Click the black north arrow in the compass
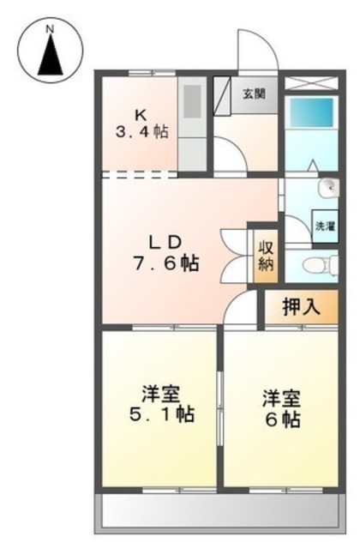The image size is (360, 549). point(51,56)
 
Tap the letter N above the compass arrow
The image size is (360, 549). point(51,29)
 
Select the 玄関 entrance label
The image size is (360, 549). point(255,94)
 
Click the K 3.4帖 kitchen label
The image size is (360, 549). point(141,124)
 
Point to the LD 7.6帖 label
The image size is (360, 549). point(165,253)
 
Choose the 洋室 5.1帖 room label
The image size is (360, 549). point(162,404)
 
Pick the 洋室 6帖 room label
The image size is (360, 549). point(282,408)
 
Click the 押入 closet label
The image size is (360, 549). point(301,307)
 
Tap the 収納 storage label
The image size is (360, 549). point(266,256)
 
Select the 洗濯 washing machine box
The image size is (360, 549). point(326,226)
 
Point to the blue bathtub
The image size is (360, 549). point(309,112)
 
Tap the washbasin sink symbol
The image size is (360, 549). point(328,188)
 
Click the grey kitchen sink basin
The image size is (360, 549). point(192,101)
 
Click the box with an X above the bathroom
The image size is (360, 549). point(311,83)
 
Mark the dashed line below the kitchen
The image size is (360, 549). point(139,174)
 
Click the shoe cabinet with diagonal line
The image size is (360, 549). point(222,95)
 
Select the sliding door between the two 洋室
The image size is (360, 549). point(220,408)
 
